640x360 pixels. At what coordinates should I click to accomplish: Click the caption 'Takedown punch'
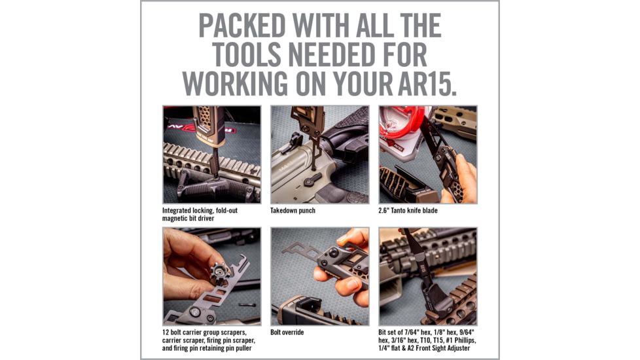[293, 211]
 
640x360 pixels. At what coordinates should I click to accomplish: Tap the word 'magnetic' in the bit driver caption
[179, 219]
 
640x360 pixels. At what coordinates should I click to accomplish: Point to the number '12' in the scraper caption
[166, 333]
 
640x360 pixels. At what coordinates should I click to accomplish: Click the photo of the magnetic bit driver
[211, 154]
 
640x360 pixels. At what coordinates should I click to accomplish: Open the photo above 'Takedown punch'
[319, 154]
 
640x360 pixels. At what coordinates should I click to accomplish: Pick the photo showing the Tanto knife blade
[427, 154]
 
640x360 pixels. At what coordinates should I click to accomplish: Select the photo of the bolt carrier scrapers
[211, 276]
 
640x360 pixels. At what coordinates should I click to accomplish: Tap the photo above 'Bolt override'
[319, 276]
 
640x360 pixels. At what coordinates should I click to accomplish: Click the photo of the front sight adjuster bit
[427, 276]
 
